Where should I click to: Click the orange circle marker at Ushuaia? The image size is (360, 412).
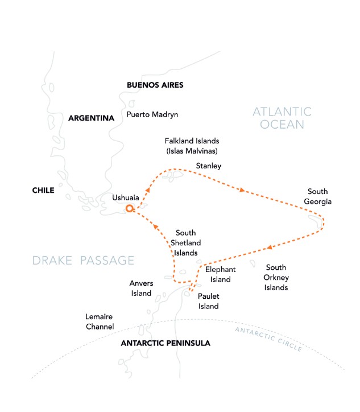tap(130, 209)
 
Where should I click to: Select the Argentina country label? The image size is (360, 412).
tap(91, 118)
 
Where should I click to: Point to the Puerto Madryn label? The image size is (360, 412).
tap(152, 114)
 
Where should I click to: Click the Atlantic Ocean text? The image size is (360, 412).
tap(282, 118)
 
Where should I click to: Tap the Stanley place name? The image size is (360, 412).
tap(208, 166)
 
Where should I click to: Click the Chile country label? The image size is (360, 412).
tap(43, 191)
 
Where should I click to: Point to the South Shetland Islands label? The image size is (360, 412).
tap(186, 242)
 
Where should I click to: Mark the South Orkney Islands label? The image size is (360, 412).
tap(277, 277)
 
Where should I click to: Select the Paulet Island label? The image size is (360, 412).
tap(208, 301)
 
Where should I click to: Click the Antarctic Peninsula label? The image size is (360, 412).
tap(165, 344)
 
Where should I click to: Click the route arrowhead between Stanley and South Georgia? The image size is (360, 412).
tap(243, 190)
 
